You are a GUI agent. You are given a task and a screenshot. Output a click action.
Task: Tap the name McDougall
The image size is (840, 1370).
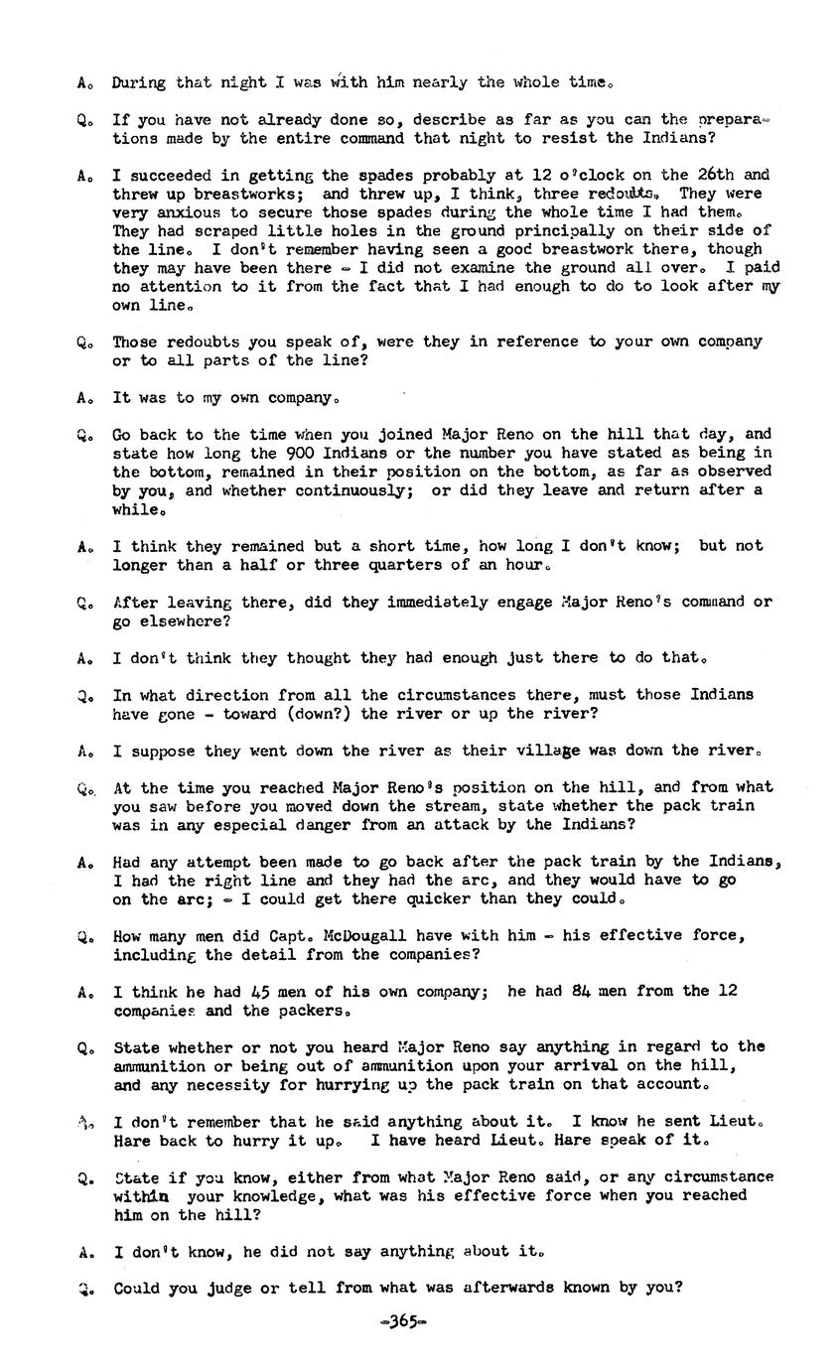(x=344, y=935)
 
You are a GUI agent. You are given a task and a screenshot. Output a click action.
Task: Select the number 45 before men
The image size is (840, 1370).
(x=262, y=991)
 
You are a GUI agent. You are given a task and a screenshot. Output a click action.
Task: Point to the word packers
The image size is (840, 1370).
(x=309, y=1011)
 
